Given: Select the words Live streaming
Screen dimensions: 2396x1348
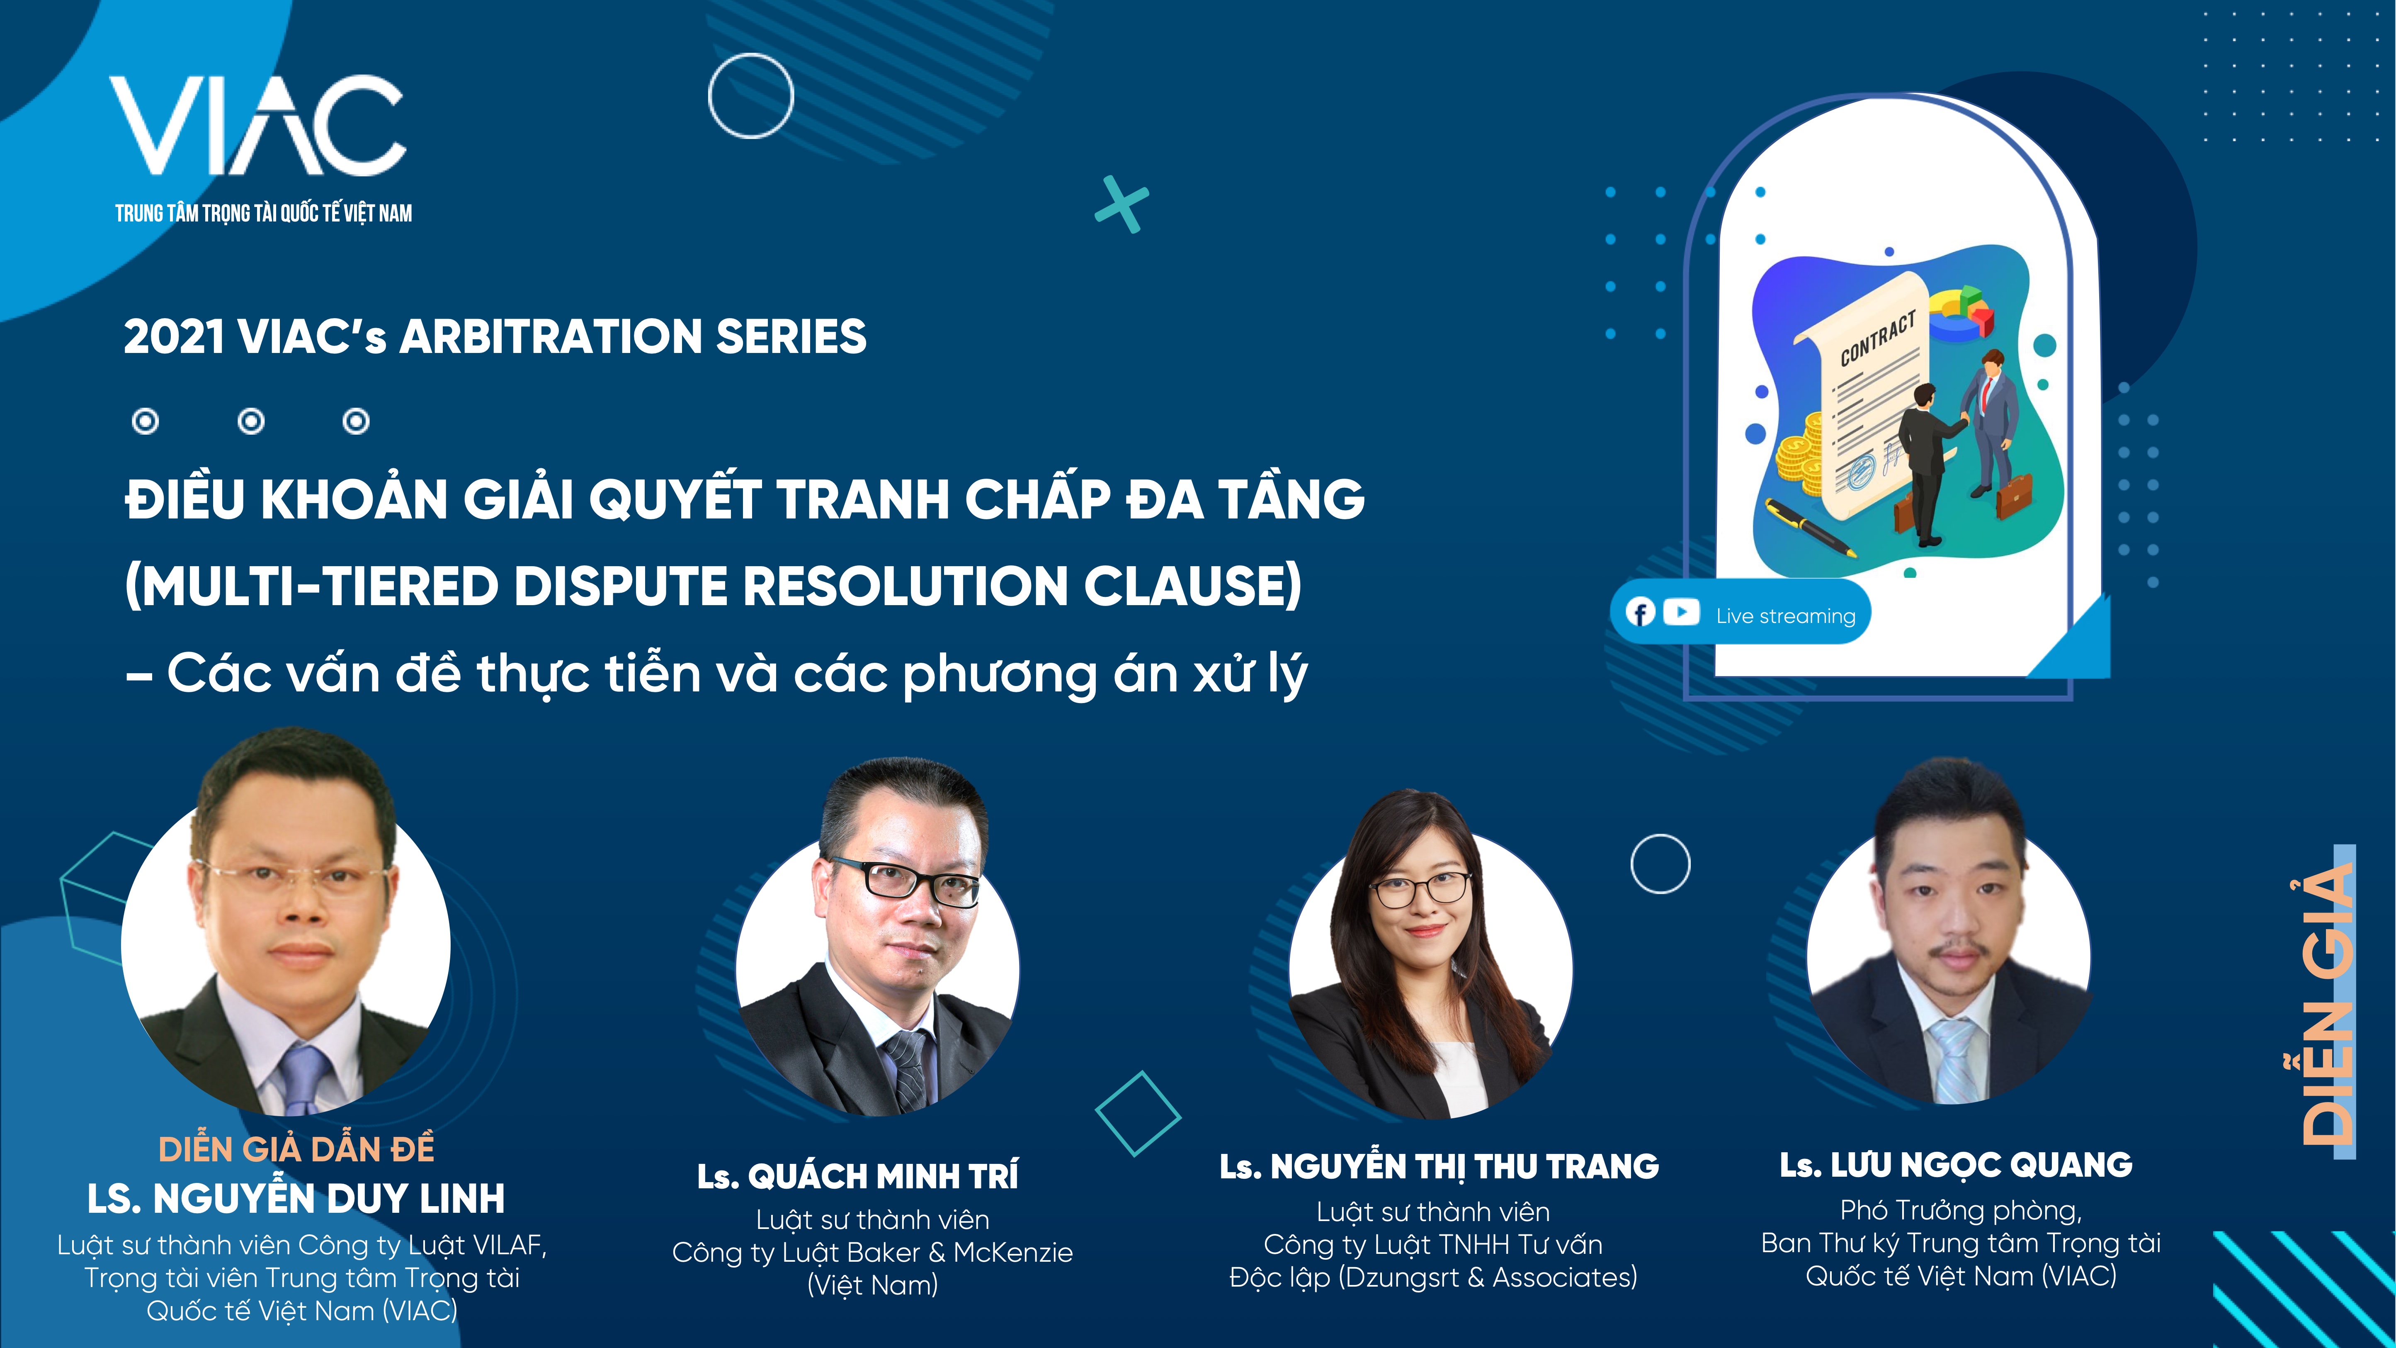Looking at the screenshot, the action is pos(1785,616).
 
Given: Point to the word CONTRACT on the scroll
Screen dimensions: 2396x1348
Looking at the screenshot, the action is pos(1878,338).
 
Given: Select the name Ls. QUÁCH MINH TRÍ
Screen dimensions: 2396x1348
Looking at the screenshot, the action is pos(857,1176).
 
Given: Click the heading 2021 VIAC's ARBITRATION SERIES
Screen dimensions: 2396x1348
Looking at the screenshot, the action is pos(495,337).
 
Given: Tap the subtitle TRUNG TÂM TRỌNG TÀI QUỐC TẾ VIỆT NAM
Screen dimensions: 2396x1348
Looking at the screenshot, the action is pos(263,213).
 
